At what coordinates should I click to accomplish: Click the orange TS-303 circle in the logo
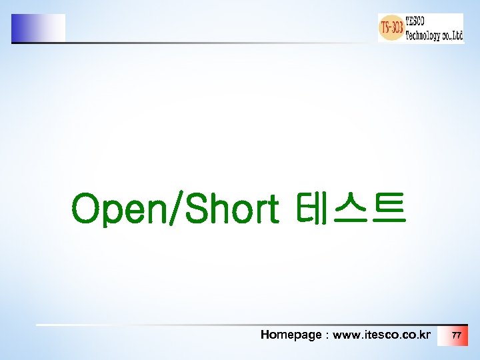coord(391,28)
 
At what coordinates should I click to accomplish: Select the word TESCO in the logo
coord(420,21)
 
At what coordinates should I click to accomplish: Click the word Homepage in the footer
coord(291,335)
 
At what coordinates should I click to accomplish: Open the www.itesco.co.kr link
coord(381,335)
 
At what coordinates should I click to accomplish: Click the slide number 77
coord(456,335)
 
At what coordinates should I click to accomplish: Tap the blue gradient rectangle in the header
coord(38,28)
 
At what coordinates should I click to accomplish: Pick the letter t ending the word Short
coord(271,209)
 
